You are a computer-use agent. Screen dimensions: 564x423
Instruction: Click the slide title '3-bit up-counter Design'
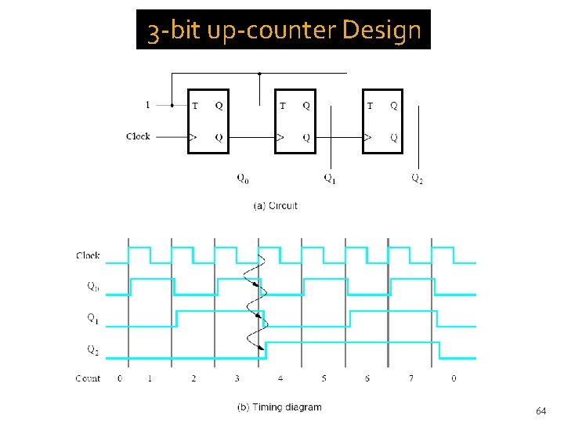pyautogui.click(x=284, y=31)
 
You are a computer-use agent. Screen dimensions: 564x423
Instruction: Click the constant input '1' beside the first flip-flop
pyautogui.click(x=148, y=105)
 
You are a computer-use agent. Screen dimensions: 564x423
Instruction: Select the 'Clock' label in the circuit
pyautogui.click(x=138, y=136)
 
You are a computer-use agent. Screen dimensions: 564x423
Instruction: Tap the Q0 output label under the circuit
pyautogui.click(x=243, y=179)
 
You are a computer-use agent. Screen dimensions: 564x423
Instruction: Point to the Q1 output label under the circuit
pyautogui.click(x=331, y=179)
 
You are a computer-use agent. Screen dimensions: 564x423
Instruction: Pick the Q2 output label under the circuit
pyautogui.click(x=418, y=179)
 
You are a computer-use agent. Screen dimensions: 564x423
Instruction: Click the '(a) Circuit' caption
pyautogui.click(x=275, y=206)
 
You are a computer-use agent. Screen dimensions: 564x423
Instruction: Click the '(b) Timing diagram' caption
pyautogui.click(x=279, y=407)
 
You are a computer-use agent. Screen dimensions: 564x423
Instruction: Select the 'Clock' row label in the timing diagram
pyautogui.click(x=88, y=255)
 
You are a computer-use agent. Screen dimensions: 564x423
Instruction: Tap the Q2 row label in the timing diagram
pyautogui.click(x=92, y=350)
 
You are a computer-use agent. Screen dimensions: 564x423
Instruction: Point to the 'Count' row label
pyautogui.click(x=88, y=378)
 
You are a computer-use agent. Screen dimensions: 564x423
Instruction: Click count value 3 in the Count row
pyautogui.click(x=237, y=378)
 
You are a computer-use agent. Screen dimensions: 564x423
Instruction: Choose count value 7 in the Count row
pyautogui.click(x=410, y=378)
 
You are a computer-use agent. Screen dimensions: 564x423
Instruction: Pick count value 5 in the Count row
pyautogui.click(x=324, y=378)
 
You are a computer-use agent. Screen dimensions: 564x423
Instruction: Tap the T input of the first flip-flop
pyautogui.click(x=194, y=106)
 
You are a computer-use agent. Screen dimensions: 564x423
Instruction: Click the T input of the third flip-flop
pyautogui.click(x=370, y=106)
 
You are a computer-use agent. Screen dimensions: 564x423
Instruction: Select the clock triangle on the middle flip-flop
pyautogui.click(x=280, y=137)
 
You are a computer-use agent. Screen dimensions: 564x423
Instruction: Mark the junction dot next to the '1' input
pyautogui.click(x=172, y=105)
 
